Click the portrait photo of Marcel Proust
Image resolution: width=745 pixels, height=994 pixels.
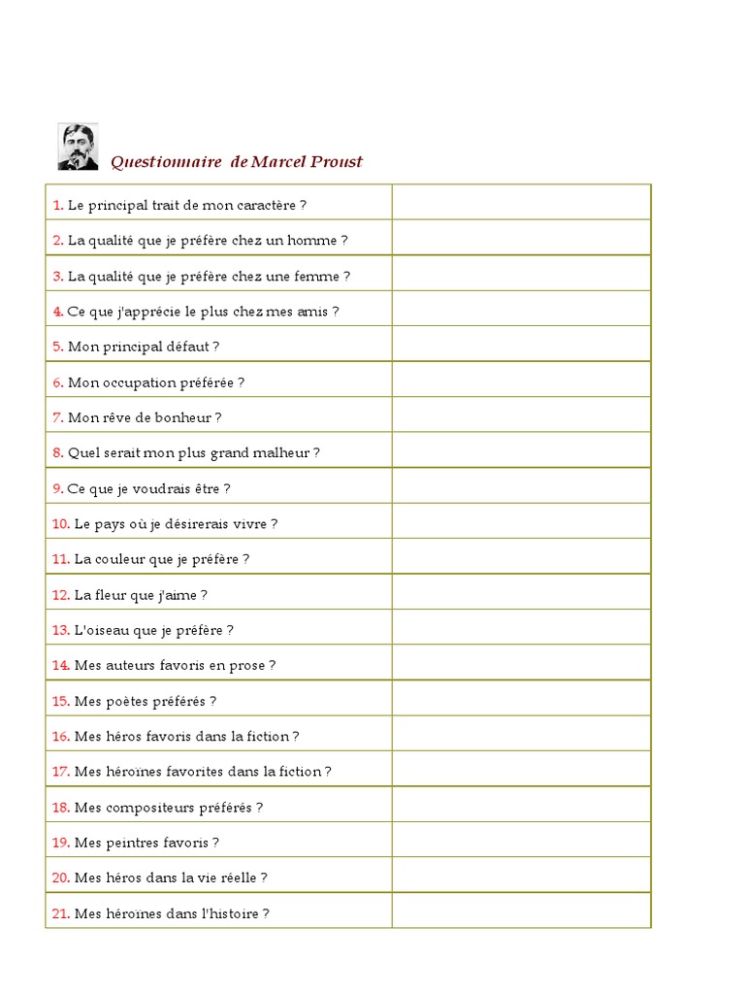click(x=78, y=147)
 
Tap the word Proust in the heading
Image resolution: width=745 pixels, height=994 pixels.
click(x=337, y=162)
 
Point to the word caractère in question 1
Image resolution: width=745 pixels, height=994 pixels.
click(x=264, y=205)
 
